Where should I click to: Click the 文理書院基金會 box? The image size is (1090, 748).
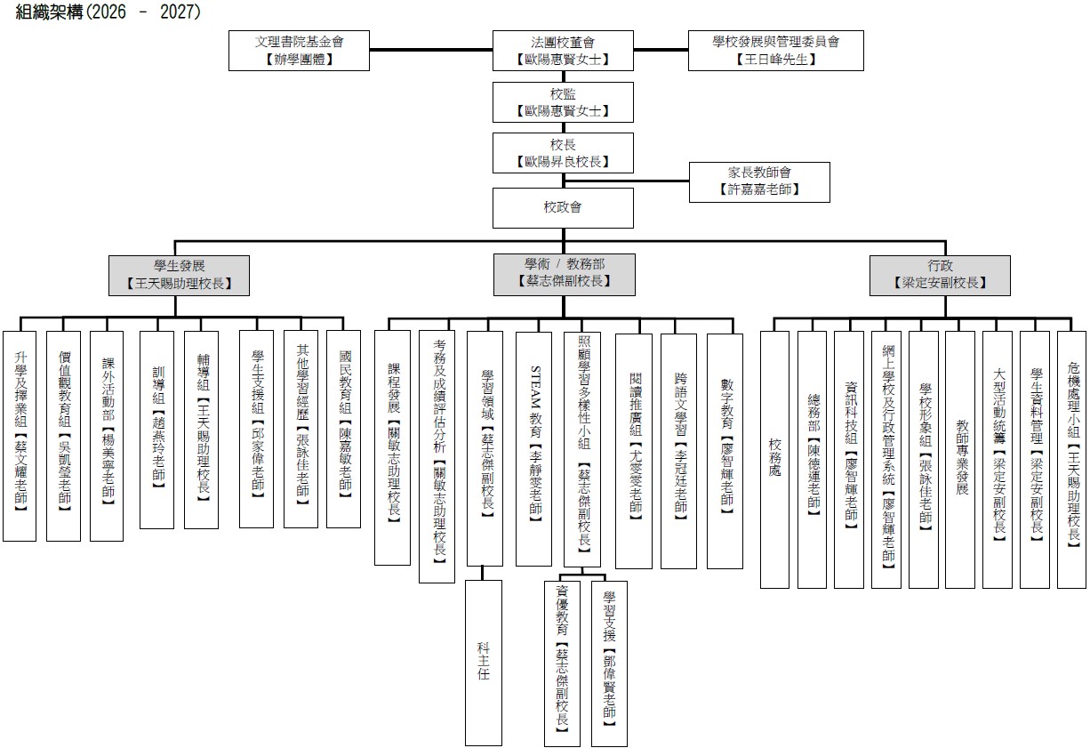[299, 51]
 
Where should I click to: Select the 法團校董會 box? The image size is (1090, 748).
[563, 51]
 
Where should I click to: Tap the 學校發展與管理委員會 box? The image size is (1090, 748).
[775, 51]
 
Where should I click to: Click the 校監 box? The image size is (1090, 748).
[563, 102]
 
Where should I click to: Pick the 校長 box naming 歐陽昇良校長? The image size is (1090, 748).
[563, 153]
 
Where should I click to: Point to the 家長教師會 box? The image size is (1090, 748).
[759, 182]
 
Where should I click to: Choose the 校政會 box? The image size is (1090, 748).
[563, 208]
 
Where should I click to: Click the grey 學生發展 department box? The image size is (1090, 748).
[179, 276]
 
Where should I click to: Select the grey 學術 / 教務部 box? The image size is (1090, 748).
[565, 275]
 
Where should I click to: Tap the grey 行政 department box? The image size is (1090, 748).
[940, 276]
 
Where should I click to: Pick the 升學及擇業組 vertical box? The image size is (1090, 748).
[20, 436]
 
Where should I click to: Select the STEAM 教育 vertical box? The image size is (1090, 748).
[533, 448]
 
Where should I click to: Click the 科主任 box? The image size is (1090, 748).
[483, 663]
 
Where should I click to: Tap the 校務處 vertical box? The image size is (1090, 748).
[774, 460]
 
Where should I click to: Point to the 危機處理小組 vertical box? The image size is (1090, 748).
[1072, 460]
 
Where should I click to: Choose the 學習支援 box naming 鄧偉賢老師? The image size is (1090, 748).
[609, 664]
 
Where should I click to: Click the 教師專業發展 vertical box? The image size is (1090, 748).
[960, 460]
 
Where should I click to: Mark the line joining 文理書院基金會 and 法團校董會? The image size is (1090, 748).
[431, 49]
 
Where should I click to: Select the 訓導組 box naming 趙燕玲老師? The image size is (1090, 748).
[156, 430]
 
